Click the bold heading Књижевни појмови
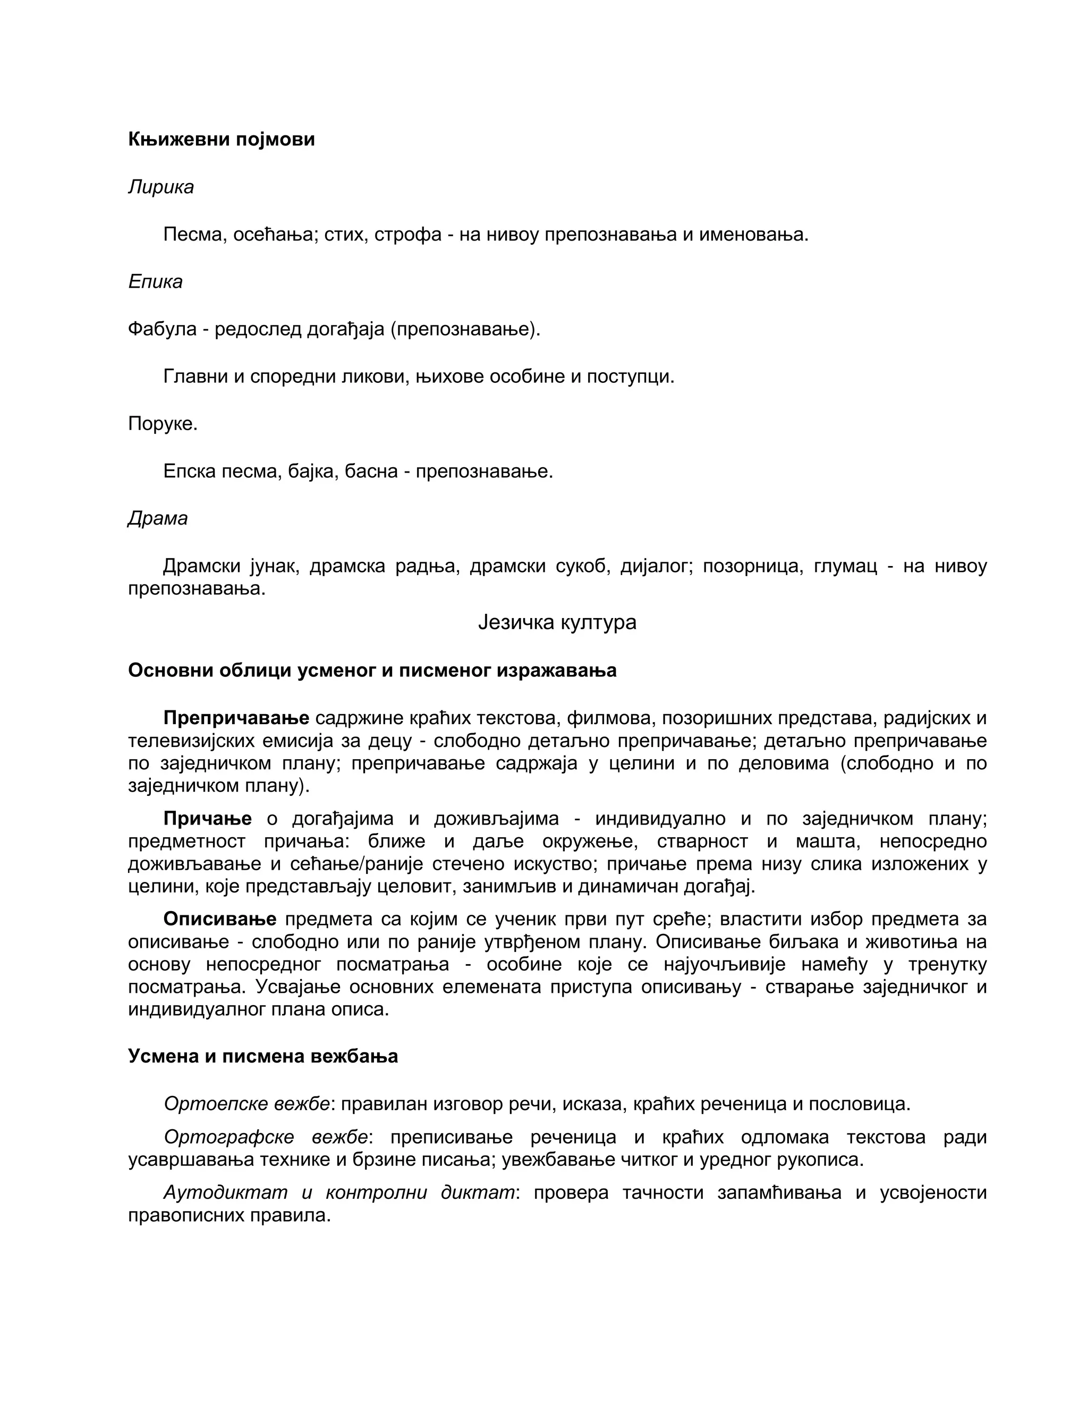click(221, 139)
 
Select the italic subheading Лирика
click(160, 187)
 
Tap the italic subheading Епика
click(155, 281)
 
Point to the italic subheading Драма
click(158, 518)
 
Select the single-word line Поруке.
click(163, 424)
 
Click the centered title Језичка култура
click(557, 622)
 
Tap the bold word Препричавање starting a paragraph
click(236, 718)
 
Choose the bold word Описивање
click(220, 919)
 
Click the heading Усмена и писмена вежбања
click(263, 1057)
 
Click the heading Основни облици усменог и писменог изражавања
click(372, 671)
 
